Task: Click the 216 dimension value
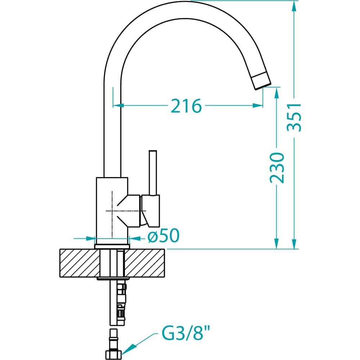[x=186, y=106]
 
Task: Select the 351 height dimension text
[x=294, y=117]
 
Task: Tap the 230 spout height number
[x=277, y=168]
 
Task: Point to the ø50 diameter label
[x=163, y=235]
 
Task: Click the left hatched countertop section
[x=80, y=263]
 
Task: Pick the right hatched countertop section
[x=145, y=263]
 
